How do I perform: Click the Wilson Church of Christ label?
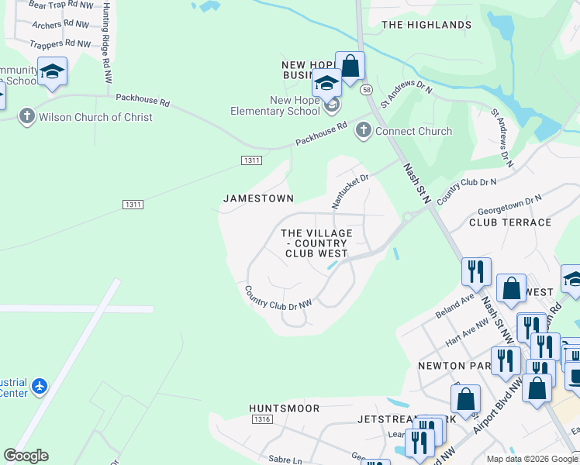click(95, 117)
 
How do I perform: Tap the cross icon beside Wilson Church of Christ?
click(26, 117)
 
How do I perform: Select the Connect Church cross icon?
click(363, 131)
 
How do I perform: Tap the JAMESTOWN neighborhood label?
click(258, 198)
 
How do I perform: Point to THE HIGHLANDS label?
click(426, 25)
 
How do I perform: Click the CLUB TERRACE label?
click(510, 222)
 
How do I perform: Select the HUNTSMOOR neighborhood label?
click(284, 407)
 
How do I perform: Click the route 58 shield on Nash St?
click(366, 90)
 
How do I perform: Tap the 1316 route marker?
click(262, 419)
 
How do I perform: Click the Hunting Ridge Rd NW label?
click(107, 43)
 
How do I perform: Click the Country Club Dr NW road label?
click(278, 298)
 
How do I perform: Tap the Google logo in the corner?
click(26, 456)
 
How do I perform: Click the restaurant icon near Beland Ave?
click(476, 271)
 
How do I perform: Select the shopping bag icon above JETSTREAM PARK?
click(465, 399)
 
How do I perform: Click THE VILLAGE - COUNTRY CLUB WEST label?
click(316, 243)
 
